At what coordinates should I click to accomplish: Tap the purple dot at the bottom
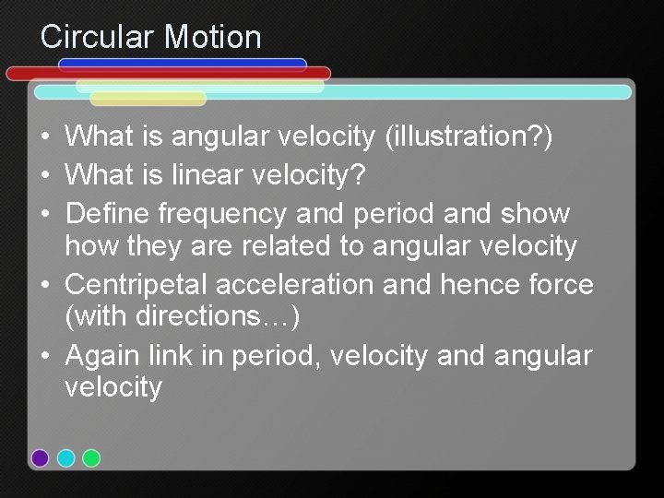pos(40,458)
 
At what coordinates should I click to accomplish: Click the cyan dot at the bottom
pos(65,458)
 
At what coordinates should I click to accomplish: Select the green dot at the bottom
pos(91,458)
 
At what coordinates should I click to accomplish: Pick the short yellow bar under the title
pos(148,99)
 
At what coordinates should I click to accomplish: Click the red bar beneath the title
pos(168,74)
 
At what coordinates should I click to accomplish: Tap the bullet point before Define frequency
pos(45,213)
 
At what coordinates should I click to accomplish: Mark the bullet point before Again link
pos(45,355)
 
